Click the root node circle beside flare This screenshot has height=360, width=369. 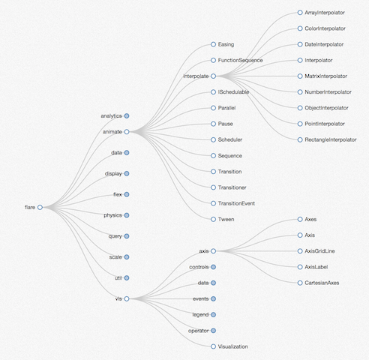(40, 207)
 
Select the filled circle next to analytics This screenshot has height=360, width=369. (127, 115)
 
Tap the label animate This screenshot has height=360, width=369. (112, 132)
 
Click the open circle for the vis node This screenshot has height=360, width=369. (127, 298)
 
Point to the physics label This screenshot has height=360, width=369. (112, 215)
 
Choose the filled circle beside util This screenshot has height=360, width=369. (127, 278)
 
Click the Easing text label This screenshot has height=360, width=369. (226, 44)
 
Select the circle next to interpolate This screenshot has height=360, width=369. (213, 76)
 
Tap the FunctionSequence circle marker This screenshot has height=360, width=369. (213, 60)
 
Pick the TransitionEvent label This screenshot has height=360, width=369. (236, 203)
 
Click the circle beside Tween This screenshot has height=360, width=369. (213, 219)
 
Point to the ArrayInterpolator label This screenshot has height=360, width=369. (325, 13)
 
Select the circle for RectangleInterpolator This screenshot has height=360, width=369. (300, 139)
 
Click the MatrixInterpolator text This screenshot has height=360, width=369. (325, 76)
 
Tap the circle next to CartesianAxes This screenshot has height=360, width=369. (300, 283)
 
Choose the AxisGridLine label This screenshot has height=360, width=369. (319, 251)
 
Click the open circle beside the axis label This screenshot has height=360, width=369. (213, 251)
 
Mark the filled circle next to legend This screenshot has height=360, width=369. (213, 315)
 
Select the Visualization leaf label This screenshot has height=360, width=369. (232, 346)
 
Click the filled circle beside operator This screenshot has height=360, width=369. (213, 331)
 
